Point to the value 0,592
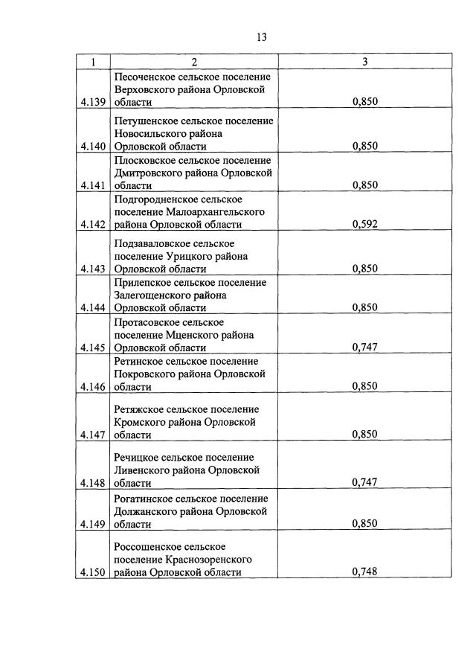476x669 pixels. click(x=365, y=224)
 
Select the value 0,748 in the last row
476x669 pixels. click(x=365, y=572)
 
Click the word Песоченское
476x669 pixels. click(x=147, y=77)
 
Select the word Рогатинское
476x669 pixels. click(x=147, y=499)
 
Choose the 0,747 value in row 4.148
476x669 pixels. click(x=365, y=482)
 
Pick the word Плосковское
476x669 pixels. click(x=147, y=160)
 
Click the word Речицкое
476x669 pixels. click(x=138, y=457)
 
